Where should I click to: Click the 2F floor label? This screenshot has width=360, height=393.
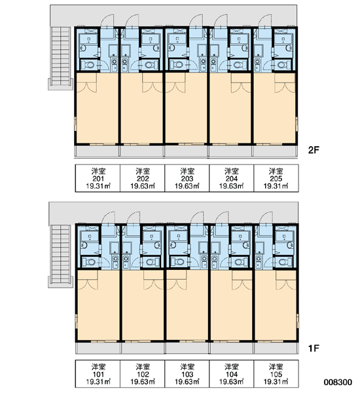[x=314, y=150]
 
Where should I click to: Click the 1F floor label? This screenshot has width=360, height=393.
[x=313, y=348]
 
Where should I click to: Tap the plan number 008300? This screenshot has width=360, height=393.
[x=338, y=383]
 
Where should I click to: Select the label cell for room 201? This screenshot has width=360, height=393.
[x=98, y=178]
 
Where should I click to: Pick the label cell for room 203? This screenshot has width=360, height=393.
[x=187, y=178]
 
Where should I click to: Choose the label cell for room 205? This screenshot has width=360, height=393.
[x=276, y=178]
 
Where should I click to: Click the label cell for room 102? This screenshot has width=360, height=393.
[x=143, y=374]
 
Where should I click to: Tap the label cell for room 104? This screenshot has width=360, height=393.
[x=232, y=374]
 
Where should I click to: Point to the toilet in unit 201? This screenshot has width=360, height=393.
[x=88, y=65]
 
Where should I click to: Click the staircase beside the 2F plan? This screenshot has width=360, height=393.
[x=61, y=58]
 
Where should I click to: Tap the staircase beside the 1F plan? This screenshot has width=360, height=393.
[x=61, y=256]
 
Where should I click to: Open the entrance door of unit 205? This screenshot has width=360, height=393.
[x=265, y=21]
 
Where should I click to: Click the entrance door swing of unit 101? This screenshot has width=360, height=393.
[x=108, y=217]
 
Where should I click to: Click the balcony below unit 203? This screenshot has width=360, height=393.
[x=187, y=151]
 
